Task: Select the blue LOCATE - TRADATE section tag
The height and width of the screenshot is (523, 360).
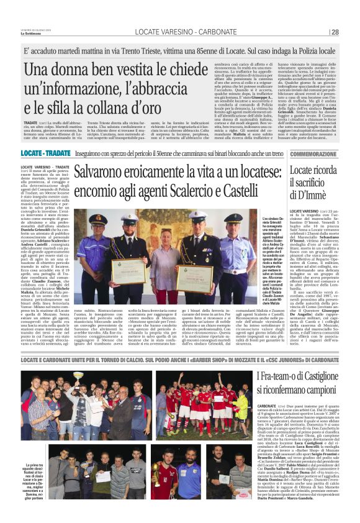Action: coord(44,153)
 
